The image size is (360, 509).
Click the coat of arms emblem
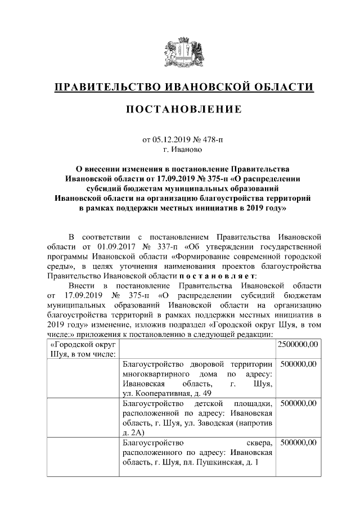pyautogui.click(x=180, y=53)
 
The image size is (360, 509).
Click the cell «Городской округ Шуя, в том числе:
pyautogui.click(x=83, y=349)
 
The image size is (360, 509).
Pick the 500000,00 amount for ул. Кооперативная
pyautogui.click(x=298, y=364)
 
